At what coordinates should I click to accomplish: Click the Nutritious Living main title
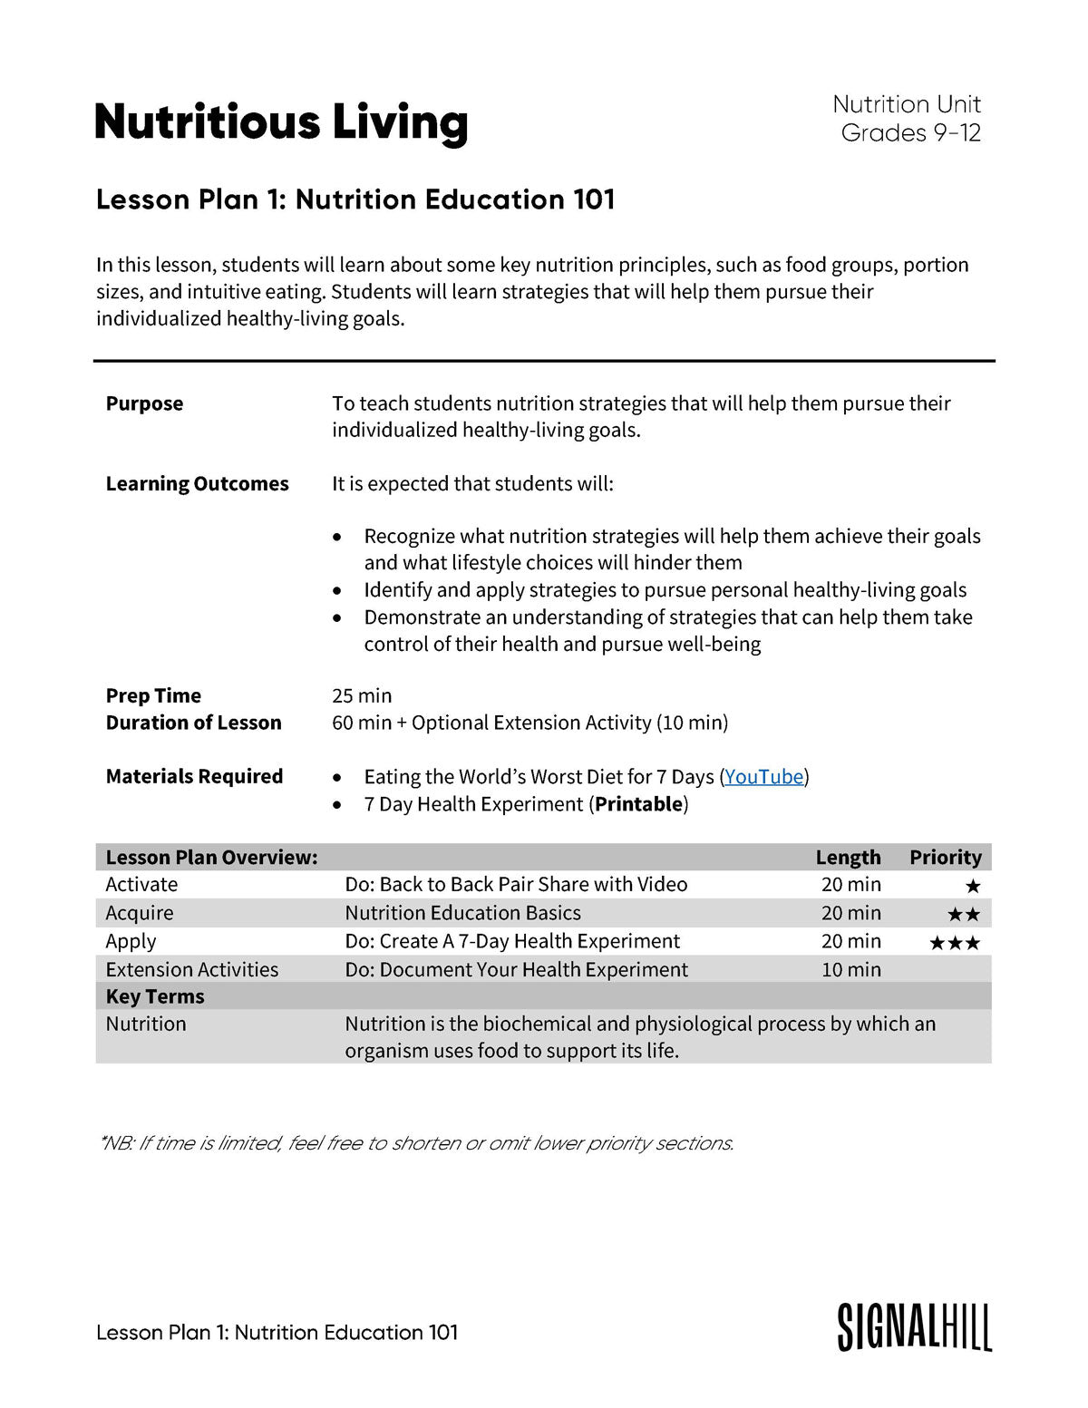(x=281, y=122)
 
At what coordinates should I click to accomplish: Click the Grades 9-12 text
(x=910, y=133)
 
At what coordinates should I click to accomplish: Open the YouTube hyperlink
(x=763, y=777)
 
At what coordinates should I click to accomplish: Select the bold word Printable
(x=638, y=804)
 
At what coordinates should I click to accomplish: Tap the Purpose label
(x=144, y=403)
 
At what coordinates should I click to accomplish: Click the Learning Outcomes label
(x=197, y=484)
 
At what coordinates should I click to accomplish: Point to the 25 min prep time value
(x=362, y=695)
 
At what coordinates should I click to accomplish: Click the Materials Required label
(x=194, y=776)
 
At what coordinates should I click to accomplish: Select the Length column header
(x=848, y=858)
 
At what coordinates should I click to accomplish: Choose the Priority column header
(x=945, y=858)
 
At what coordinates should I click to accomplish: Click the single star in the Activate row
(x=972, y=886)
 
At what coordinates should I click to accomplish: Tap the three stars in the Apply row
(x=955, y=943)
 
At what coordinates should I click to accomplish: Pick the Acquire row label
(x=140, y=913)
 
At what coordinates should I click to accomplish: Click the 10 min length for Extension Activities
(x=850, y=969)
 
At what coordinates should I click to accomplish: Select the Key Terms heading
(x=155, y=996)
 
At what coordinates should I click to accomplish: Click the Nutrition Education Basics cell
(x=462, y=913)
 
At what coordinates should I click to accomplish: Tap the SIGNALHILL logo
(x=914, y=1328)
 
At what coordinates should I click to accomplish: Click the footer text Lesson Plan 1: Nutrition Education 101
(x=277, y=1332)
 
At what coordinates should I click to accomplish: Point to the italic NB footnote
(x=416, y=1143)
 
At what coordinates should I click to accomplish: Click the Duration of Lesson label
(x=193, y=723)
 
